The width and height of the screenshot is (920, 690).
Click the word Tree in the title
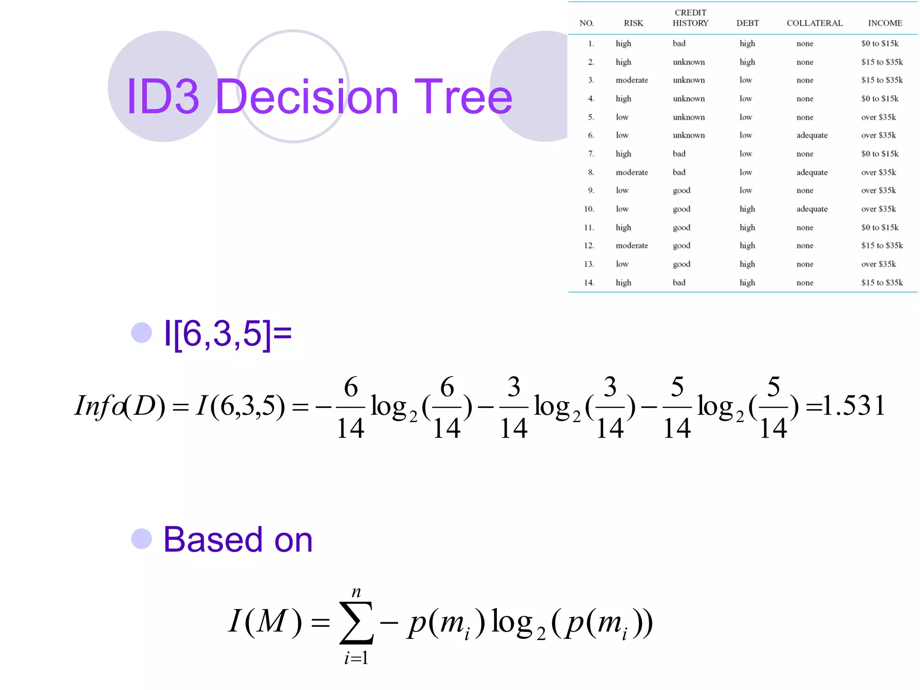tap(463, 97)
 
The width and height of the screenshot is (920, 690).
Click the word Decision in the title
tap(307, 97)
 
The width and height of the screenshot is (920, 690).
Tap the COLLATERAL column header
tap(814, 23)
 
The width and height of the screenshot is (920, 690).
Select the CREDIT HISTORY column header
tap(690, 18)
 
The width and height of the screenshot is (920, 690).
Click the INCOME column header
tap(885, 23)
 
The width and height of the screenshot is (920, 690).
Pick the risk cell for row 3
tap(632, 80)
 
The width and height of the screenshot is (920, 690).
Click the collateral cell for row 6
tap(812, 135)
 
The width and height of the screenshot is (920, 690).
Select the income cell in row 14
tap(882, 283)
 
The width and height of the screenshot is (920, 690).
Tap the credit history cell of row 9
tap(681, 190)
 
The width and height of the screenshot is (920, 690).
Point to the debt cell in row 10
tap(747, 209)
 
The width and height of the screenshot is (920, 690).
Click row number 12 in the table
tap(589, 246)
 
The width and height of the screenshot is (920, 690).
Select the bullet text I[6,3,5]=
tap(228, 334)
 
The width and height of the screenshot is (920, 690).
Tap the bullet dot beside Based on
tap(142, 539)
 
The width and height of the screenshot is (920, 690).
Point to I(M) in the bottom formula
tap(265, 622)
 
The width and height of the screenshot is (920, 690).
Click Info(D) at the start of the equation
tap(119, 406)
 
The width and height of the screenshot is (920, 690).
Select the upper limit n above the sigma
tap(356, 592)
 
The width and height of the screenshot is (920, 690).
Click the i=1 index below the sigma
tap(356, 658)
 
